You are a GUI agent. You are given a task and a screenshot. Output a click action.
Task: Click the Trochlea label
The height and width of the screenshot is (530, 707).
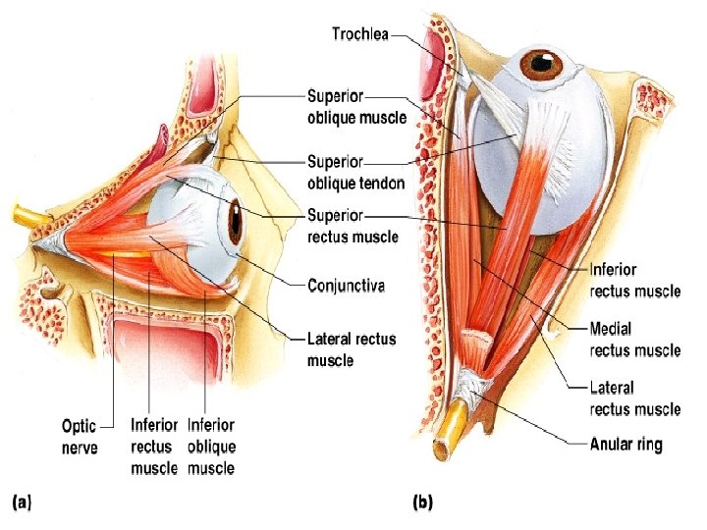[359, 35]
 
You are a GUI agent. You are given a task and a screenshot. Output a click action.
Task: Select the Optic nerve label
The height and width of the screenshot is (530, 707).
[78, 436]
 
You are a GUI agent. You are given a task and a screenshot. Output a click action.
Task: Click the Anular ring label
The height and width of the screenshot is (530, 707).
[625, 445]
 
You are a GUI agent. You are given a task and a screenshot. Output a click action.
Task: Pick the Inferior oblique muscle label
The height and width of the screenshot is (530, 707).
[211, 447]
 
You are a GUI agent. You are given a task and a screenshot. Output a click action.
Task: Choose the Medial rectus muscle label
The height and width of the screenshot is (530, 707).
[634, 339]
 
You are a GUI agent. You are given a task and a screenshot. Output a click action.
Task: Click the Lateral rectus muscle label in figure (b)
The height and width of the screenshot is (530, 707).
[634, 398]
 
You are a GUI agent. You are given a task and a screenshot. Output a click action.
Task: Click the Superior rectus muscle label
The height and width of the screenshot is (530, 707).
[353, 226]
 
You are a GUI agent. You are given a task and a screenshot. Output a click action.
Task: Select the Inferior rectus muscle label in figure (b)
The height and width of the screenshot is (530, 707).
[634, 279]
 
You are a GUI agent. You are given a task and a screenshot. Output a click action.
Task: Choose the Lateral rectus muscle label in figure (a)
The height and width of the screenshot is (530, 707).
[351, 349]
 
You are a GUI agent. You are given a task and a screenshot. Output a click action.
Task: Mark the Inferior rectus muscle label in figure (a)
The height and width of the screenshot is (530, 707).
[154, 447]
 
